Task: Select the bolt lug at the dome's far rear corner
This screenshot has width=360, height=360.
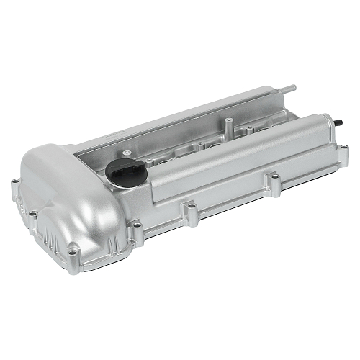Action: (14, 183)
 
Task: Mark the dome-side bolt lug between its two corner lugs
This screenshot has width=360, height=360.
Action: (32, 214)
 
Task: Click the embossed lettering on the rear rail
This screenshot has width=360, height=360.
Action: (115, 136)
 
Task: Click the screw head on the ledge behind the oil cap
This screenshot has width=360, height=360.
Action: (127, 152)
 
